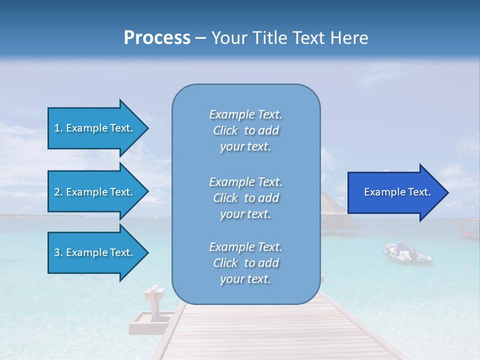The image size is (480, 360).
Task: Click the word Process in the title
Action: [157, 38]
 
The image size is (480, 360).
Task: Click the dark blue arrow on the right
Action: [395, 192]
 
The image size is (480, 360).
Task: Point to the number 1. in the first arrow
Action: [58, 128]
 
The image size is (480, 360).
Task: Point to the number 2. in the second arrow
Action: [58, 192]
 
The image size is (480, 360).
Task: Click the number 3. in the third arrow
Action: [58, 252]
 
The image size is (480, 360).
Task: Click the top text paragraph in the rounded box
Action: [245, 130]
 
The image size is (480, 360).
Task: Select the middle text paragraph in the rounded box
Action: [245, 198]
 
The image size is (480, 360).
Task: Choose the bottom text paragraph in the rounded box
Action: [245, 263]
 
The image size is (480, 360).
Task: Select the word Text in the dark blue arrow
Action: [419, 192]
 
